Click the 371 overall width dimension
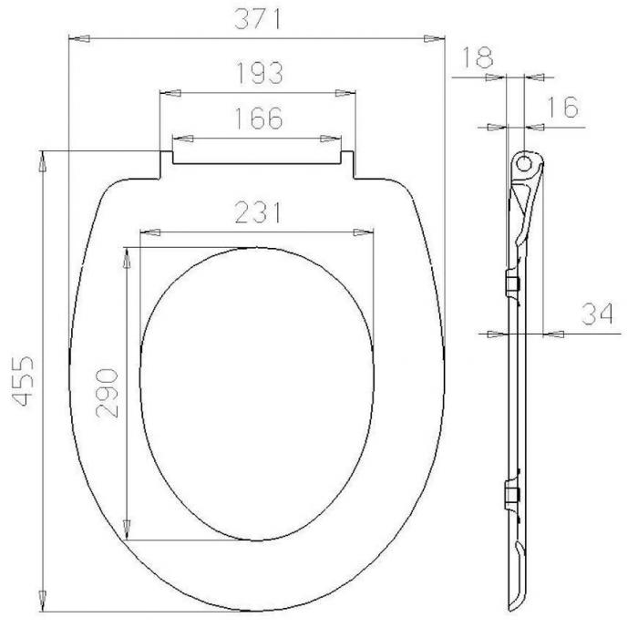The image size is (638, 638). pos(258,19)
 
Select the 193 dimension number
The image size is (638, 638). pos(259,73)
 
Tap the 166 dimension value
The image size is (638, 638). pos(259,118)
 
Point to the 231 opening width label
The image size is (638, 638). pos(258,212)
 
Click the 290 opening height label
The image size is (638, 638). pos(107,394)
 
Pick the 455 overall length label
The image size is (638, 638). pos(22,381)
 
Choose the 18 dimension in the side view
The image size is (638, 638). pos(478,57)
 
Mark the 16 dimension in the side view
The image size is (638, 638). pos(562,107)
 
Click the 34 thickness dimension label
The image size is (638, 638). pos(597,314)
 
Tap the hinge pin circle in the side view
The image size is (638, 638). pos(524,163)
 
